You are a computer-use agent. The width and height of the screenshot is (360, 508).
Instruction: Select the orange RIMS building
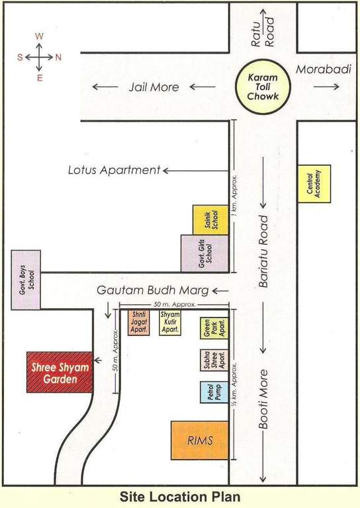click(x=200, y=440)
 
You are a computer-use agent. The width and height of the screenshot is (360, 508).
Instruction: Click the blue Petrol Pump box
click(x=214, y=392)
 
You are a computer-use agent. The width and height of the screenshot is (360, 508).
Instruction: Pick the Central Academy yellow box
click(x=314, y=184)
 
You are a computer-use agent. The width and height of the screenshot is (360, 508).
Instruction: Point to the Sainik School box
click(x=210, y=220)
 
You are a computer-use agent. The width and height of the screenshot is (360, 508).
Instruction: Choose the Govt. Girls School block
click(x=204, y=253)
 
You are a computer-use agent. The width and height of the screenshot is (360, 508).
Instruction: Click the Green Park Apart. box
click(x=214, y=329)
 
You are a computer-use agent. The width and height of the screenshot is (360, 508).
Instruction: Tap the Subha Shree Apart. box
click(x=214, y=361)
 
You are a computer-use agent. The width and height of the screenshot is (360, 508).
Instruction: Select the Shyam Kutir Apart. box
click(x=170, y=322)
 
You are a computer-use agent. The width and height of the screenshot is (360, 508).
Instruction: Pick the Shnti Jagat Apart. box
click(x=139, y=322)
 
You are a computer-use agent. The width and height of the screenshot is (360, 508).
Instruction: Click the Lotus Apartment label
click(x=114, y=170)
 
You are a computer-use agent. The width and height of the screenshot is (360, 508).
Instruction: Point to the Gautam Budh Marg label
click(x=153, y=290)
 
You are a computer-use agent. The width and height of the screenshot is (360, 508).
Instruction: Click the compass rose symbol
click(x=40, y=57)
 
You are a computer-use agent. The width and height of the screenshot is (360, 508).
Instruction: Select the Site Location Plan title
click(x=180, y=496)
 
